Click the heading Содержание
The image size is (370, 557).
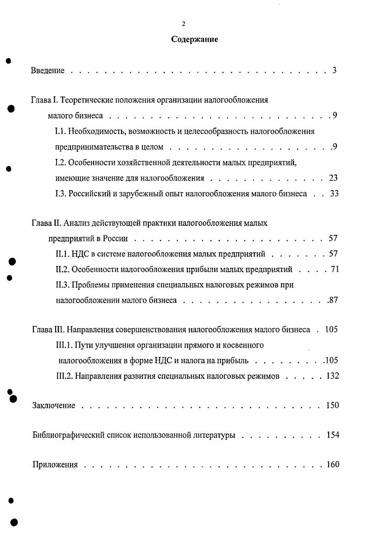(x=194, y=39)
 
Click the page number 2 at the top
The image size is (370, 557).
(x=184, y=25)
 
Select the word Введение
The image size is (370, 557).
(x=48, y=71)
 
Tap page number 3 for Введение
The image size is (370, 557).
(x=334, y=71)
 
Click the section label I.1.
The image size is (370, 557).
(x=60, y=131)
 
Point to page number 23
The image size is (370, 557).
(x=333, y=178)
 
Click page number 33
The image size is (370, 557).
(x=334, y=194)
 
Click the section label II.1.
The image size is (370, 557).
(x=62, y=254)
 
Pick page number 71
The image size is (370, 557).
(x=335, y=269)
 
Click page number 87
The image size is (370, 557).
(x=332, y=300)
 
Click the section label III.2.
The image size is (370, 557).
(x=64, y=376)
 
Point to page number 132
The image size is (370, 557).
(x=332, y=376)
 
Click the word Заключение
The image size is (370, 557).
(x=54, y=406)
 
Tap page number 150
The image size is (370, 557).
(x=332, y=406)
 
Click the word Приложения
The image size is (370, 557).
(x=55, y=465)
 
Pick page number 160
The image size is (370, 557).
(x=332, y=465)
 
